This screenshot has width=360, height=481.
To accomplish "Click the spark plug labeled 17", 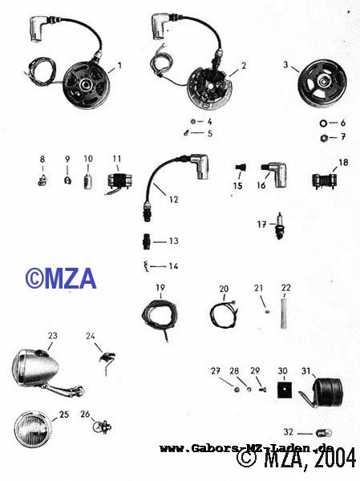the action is coord(279,226).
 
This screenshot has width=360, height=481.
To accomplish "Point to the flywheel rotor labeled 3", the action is coord(322,79).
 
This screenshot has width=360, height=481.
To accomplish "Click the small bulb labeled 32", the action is coord(323,434).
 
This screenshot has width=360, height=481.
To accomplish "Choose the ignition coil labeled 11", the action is coord(119,183).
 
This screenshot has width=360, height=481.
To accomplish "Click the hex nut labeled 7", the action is coord(323,138).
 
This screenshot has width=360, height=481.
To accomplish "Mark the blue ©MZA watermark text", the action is coord(61,278).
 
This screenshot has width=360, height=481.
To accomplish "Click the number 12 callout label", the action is coord(173,200).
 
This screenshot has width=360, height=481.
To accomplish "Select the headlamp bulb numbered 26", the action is coord(102,426).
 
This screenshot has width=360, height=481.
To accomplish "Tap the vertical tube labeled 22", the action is coord(284,311).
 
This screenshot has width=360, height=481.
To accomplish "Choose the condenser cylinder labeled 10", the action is coord(88,180).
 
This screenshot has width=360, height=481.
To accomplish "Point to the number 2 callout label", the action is coord(244,66).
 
